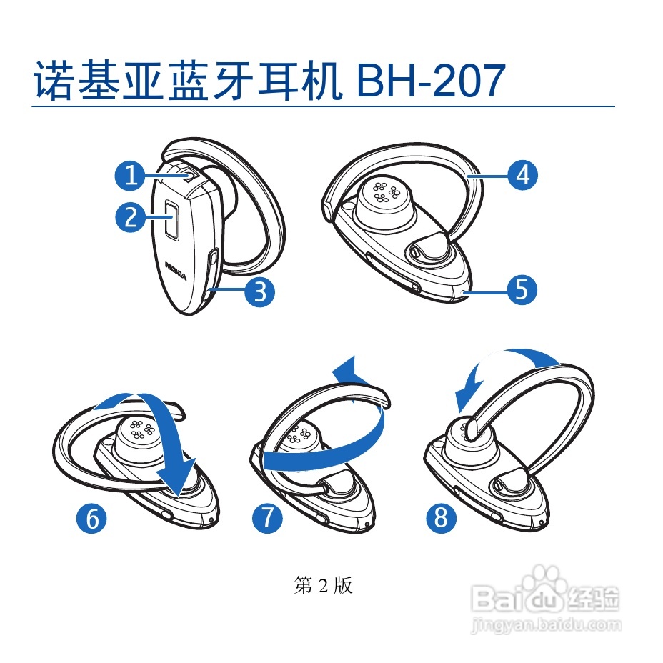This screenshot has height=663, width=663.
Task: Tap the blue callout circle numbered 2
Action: coord(130,217)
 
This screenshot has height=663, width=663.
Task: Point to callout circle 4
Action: coord(523,174)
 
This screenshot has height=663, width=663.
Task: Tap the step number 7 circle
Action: coord(266,517)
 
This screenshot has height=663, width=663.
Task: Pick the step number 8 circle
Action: coord(441,517)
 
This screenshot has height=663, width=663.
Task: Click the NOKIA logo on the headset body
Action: coord(176,271)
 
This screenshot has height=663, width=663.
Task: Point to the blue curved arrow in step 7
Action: coord(325,436)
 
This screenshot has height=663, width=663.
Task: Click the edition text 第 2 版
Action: coord(323,586)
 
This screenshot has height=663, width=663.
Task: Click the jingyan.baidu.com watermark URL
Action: coord(547,625)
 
